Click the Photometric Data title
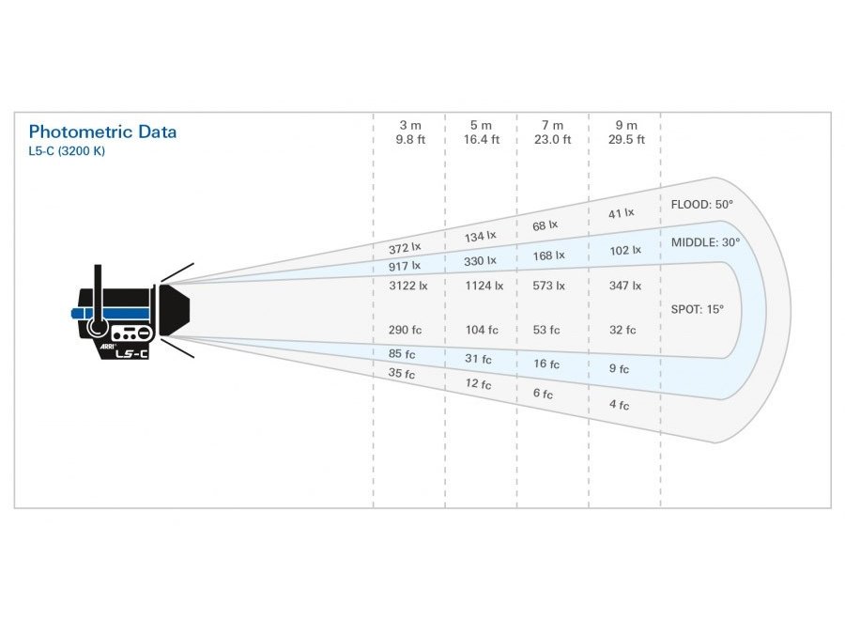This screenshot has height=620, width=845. click(x=102, y=132)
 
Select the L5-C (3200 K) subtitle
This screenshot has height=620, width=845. click(x=68, y=150)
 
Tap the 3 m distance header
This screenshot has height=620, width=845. click(x=410, y=125)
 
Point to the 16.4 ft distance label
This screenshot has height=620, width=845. click(x=481, y=140)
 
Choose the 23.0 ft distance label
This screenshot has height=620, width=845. click(x=553, y=140)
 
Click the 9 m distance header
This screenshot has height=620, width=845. click(x=626, y=125)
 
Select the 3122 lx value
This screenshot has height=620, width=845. click(x=408, y=286)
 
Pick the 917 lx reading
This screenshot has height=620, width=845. click(x=405, y=267)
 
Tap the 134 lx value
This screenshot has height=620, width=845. click(x=480, y=237)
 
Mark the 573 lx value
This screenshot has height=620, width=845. click(x=550, y=286)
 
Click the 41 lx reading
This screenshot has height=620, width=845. click(x=621, y=214)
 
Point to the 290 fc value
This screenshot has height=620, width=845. click(x=406, y=330)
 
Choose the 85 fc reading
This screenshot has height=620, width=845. click(x=402, y=354)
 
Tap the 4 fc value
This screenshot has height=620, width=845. click(x=619, y=405)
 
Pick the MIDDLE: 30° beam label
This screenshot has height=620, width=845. click(x=705, y=242)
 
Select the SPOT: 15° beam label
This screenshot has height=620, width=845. click(x=698, y=308)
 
